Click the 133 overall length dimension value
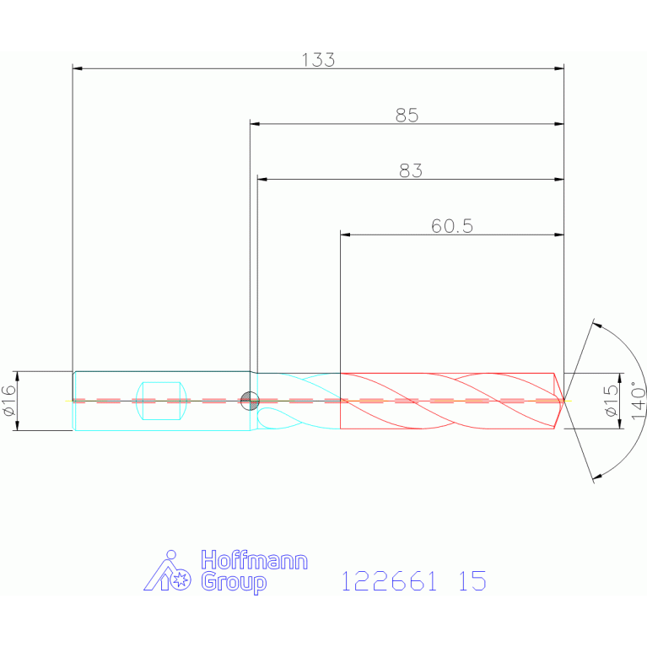click(x=318, y=60)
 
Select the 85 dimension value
click(x=407, y=115)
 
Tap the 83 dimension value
click(x=411, y=170)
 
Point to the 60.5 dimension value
click(x=452, y=226)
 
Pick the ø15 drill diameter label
click(x=611, y=401)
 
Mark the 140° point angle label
click(x=638, y=400)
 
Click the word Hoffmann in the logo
click(x=254, y=560)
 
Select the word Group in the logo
click(x=234, y=582)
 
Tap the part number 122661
click(x=389, y=581)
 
